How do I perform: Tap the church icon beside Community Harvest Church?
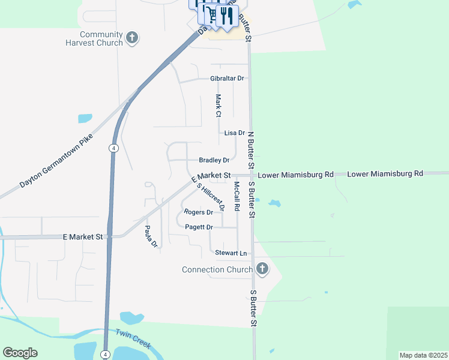[133, 38]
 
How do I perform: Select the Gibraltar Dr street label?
[227, 79]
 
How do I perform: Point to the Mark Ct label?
[218, 106]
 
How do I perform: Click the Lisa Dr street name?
[234, 133]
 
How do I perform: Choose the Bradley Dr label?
[214, 160]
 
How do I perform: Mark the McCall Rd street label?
[237, 196]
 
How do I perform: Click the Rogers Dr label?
[199, 212]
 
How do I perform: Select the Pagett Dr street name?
[199, 227]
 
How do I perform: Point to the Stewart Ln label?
[231, 253]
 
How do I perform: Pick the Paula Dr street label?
[151, 236]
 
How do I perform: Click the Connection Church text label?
[217, 269]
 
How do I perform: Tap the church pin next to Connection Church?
[261, 268]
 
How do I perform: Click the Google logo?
[20, 353]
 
